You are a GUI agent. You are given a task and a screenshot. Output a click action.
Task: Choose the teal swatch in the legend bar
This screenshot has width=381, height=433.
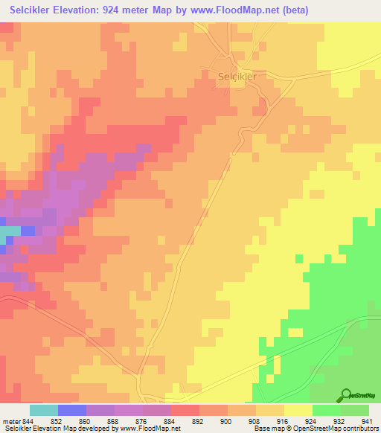click(44, 410)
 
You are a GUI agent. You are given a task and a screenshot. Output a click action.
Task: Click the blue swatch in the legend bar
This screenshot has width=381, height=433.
click(72, 410)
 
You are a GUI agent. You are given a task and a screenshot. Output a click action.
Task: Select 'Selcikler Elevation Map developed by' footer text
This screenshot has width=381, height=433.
click(52, 429)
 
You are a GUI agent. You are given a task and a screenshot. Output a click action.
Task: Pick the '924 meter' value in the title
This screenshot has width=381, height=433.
click(136, 10)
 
